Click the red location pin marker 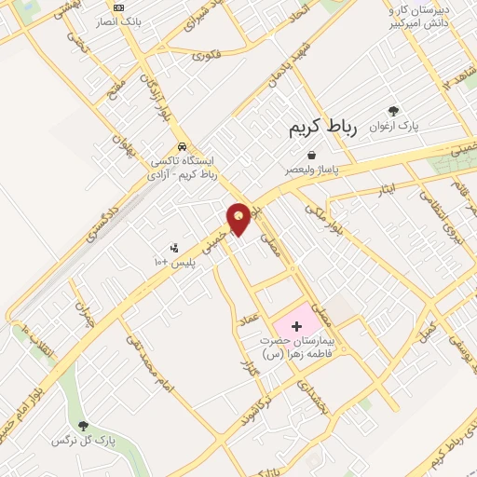(x=238, y=218)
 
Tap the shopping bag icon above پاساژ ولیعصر (x=310, y=156)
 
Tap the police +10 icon (x=174, y=247)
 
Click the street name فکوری (x=207, y=56)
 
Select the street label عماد (x=249, y=319)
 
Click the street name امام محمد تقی (x=148, y=360)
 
